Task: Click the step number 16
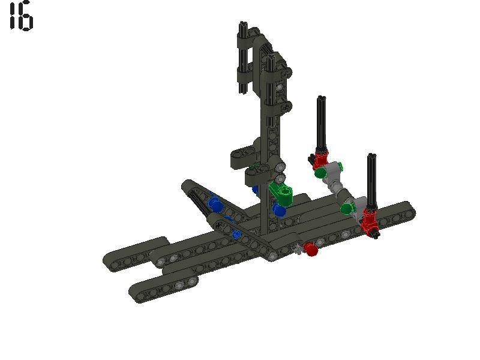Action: point(21,16)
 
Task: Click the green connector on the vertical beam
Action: point(281,193)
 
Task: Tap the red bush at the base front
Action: point(310,249)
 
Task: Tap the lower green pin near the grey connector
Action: point(347,208)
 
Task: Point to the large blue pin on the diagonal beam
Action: point(215,205)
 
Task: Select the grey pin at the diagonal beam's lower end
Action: point(272,257)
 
